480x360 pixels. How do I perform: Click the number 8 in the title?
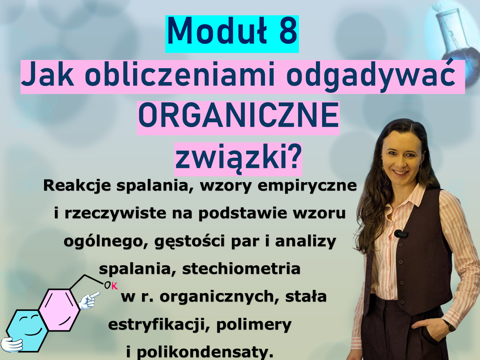point(286,31)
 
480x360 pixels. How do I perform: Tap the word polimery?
point(254,325)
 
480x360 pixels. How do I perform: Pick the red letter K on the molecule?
point(114,286)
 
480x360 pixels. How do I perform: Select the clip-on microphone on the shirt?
point(401,234)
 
